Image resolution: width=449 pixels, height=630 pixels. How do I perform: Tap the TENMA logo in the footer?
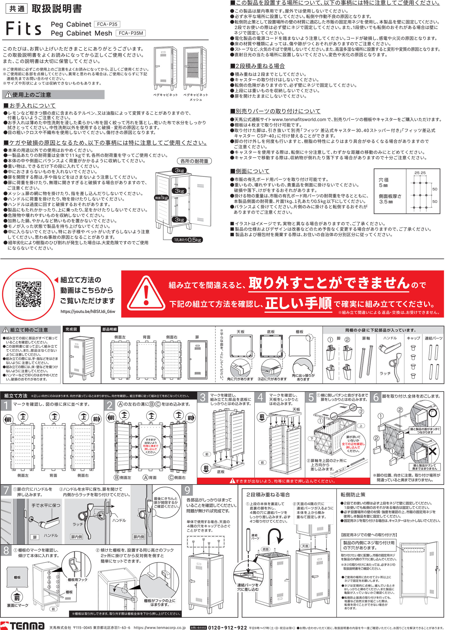pyautogui.click(x=22, y=625)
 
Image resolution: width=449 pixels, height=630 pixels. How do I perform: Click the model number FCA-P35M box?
pyautogui.click(x=130, y=33)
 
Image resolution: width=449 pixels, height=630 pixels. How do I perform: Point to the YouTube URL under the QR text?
pyautogui.click(x=88, y=312)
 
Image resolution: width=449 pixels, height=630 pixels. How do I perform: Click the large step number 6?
pyautogui.click(x=376, y=397)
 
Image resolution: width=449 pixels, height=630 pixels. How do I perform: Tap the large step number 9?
pyautogui.click(x=187, y=490)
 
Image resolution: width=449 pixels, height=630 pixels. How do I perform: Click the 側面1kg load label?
pyautogui.click(x=161, y=198)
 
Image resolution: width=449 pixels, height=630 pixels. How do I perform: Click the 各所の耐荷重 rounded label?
pyautogui.click(x=194, y=161)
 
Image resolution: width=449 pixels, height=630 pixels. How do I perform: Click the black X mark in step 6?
pyautogui.click(x=432, y=451)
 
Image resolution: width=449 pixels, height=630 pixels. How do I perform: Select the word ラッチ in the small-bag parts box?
pyautogui.click(x=385, y=373)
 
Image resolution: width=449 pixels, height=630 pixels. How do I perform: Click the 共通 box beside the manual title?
pyautogui.click(x=17, y=9)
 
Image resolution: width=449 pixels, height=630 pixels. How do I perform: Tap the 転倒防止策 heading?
pyautogui.click(x=353, y=494)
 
